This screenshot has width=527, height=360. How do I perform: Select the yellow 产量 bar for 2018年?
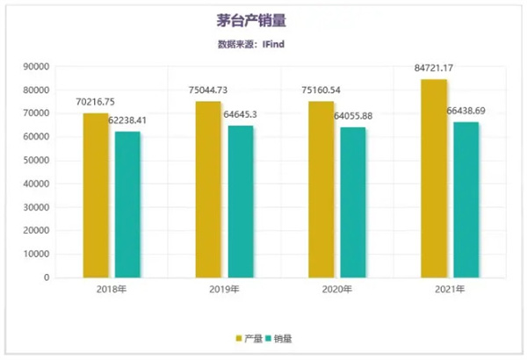[x=95, y=195]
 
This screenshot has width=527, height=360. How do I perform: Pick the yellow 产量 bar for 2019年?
[x=207, y=190]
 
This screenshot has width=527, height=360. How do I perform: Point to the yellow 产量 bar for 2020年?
[x=321, y=190]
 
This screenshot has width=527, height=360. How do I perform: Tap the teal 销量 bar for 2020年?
[x=352, y=203]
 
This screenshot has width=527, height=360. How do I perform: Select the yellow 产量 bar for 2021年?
[x=434, y=178]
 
